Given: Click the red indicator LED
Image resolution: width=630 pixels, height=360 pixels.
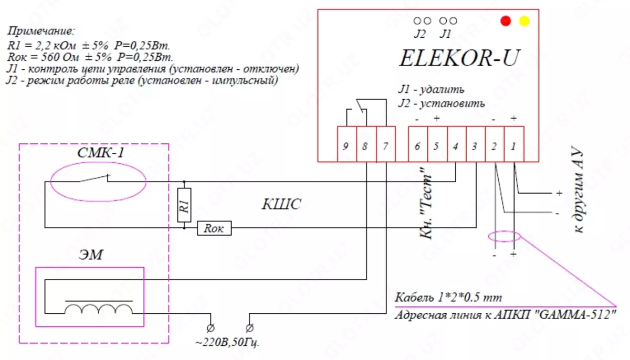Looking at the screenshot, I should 506,21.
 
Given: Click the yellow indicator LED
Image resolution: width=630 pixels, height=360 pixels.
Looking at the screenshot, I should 524,21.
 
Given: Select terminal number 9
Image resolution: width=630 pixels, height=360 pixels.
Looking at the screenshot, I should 345,146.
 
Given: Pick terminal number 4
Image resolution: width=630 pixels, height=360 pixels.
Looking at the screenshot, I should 455,146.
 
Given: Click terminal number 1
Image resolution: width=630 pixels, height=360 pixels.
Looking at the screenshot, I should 513,146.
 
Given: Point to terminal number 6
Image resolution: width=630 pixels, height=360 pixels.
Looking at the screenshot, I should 417,146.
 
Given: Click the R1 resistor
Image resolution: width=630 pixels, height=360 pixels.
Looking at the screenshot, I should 184,207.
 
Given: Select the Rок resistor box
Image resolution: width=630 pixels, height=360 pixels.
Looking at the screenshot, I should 214,228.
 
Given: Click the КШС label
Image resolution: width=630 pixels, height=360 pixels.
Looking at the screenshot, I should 281,205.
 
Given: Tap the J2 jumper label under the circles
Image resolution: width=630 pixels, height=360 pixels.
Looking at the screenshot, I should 419,34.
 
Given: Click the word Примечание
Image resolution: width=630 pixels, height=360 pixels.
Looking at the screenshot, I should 42,31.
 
